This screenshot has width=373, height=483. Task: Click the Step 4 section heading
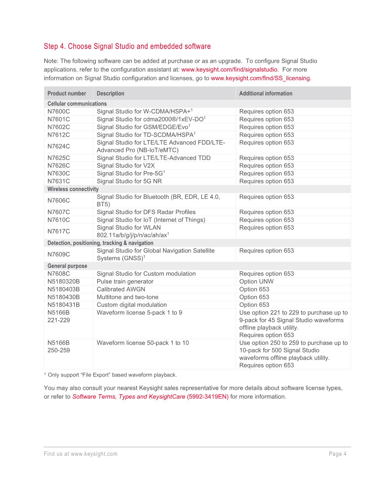(x=127, y=46)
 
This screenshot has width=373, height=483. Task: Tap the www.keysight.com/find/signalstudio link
(x=229, y=69)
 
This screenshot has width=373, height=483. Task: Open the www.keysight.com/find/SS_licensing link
(x=260, y=78)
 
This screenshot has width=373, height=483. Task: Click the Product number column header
(x=67, y=93)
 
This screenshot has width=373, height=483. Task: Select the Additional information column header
(x=266, y=93)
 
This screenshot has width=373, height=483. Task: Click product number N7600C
(x=58, y=111)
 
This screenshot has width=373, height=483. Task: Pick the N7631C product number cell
(x=58, y=181)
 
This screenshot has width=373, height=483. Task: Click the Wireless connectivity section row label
(x=73, y=189)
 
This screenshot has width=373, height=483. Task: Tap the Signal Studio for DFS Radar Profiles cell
(x=146, y=212)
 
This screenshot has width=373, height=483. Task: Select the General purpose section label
(x=67, y=266)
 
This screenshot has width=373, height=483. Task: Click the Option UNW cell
(x=256, y=282)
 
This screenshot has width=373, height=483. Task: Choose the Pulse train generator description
(x=125, y=282)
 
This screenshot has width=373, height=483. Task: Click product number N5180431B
(x=63, y=305)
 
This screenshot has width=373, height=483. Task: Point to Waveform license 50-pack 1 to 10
(x=143, y=343)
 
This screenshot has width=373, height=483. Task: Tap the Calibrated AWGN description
(x=121, y=289)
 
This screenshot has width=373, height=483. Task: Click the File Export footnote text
(x=112, y=375)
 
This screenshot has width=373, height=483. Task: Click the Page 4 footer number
(x=338, y=454)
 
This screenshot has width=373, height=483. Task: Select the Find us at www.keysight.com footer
(x=81, y=454)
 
